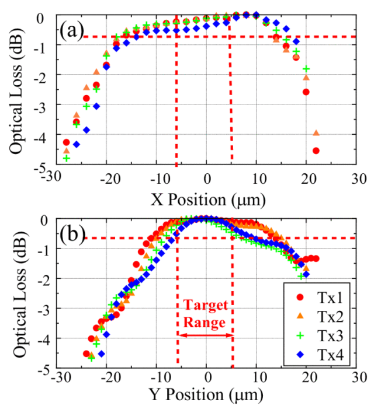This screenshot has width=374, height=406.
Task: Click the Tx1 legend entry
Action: coord(319,297)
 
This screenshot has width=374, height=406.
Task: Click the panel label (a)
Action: coord(71,31)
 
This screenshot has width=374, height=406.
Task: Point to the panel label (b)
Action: coord(72,235)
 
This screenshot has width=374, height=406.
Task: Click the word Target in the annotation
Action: coord(206,305)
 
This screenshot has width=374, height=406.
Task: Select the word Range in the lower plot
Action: coord(205,323)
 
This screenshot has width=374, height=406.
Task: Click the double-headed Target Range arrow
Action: coord(206,335)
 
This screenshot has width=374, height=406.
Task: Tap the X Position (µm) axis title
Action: coord(208,200)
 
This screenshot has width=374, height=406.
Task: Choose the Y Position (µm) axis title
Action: coord(206,395)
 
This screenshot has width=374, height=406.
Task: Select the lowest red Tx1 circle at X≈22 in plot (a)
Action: coord(316,150)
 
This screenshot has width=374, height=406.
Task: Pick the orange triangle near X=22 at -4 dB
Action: coord(316,133)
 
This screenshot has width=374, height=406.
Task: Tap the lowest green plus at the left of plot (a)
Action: coord(67,158)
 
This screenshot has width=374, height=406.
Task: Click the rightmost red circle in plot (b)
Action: coord(316,258)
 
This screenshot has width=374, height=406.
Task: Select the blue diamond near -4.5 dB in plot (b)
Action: coord(102,353)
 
